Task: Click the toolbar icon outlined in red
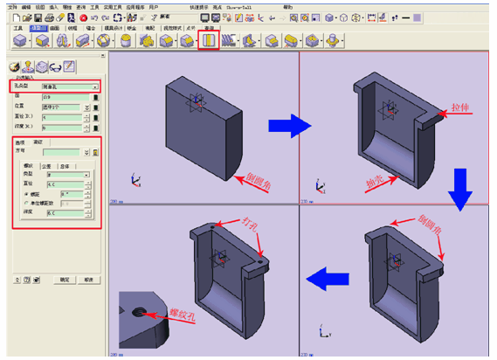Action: pos(208,39)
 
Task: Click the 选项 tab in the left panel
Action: pos(20,142)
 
